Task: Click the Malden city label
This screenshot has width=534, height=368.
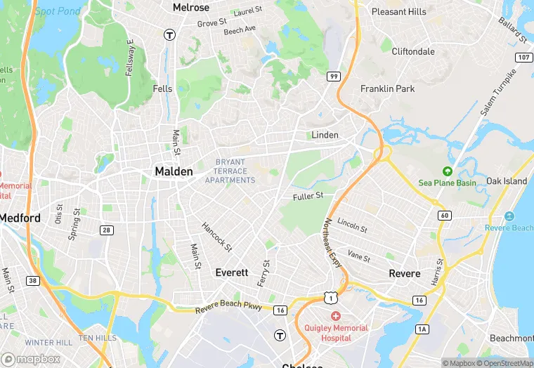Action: [x=173, y=171]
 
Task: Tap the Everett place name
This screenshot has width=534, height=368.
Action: [x=232, y=272]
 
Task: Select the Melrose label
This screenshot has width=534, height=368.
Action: [x=191, y=7]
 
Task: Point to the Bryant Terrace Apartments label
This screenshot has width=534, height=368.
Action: [x=230, y=171]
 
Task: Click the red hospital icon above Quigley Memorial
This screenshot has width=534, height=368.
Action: [x=336, y=317]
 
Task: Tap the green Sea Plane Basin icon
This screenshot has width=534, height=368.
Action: [x=447, y=171]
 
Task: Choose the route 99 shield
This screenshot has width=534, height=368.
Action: [x=334, y=76]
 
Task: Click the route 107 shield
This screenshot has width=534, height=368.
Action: [x=522, y=57]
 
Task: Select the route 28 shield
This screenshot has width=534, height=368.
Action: [x=107, y=230]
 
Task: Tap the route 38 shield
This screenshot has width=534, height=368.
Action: [x=32, y=280]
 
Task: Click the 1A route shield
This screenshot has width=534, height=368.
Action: [x=422, y=329]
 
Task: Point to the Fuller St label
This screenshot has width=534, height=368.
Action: [x=308, y=196]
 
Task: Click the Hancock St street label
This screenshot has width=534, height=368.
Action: [x=216, y=235]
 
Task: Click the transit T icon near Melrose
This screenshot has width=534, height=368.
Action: [x=169, y=34]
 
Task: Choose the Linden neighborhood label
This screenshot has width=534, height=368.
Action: [x=325, y=135]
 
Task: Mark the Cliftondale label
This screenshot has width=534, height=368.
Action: [x=413, y=51]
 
